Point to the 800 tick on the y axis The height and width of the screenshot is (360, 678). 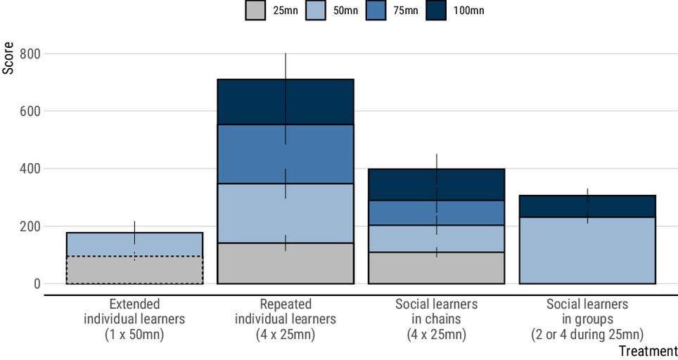(x=30, y=53)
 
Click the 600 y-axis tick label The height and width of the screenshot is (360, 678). (x=30, y=111)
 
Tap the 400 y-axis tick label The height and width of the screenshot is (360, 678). (x=30, y=169)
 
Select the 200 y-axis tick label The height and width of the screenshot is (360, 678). (x=30, y=226)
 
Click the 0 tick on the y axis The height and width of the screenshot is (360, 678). (x=36, y=284)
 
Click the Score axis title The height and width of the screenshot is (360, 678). (x=8, y=60)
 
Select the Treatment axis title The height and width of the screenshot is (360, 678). (x=648, y=350)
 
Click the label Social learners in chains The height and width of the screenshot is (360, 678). (x=437, y=319)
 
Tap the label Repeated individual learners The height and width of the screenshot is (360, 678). (x=286, y=319)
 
